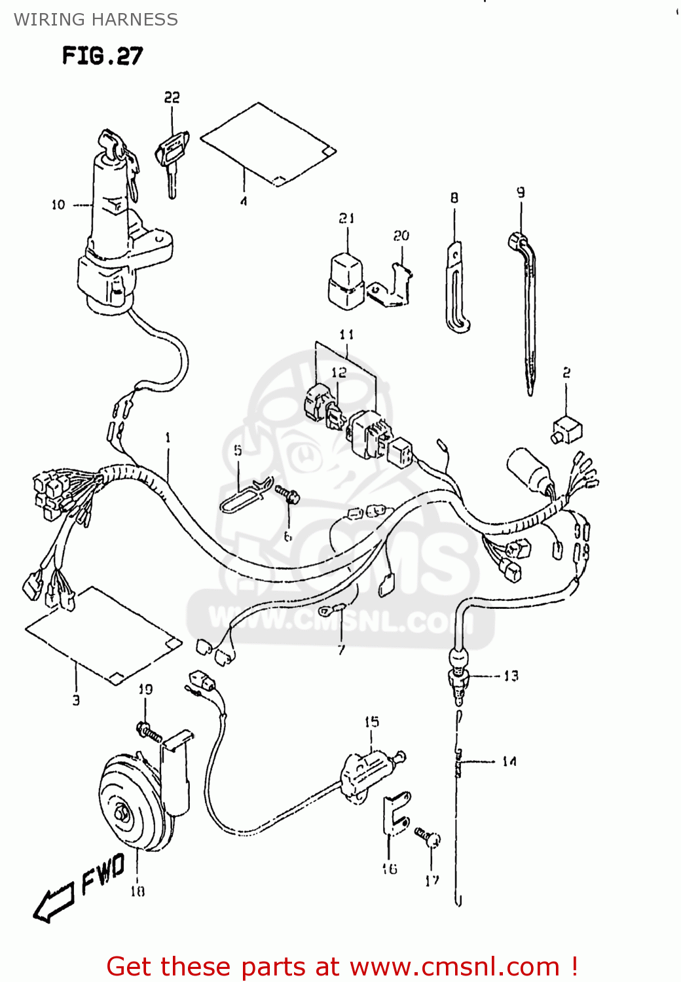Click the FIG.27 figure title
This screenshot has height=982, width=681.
point(102,56)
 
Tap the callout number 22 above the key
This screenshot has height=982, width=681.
point(172,98)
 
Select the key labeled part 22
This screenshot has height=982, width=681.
point(172,157)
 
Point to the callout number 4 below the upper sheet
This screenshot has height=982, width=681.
point(244,202)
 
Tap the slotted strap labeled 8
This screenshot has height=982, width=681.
point(457,288)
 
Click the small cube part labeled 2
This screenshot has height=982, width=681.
point(567,430)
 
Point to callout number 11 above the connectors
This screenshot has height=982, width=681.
point(346,335)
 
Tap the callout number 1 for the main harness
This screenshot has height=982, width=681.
point(168,437)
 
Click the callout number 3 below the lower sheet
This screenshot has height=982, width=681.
point(76,700)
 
